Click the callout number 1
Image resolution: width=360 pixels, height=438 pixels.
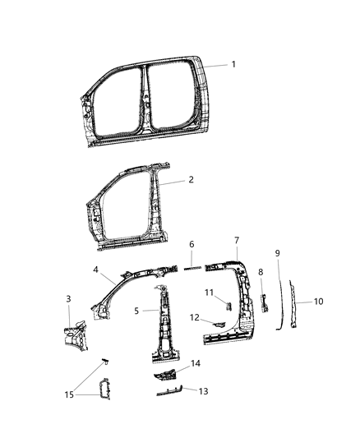233,64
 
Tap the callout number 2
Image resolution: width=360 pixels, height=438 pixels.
191,179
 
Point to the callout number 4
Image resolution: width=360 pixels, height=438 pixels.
96,269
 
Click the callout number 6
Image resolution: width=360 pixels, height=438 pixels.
192,244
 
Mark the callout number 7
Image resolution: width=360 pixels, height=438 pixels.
237,240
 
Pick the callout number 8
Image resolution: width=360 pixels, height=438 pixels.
261,272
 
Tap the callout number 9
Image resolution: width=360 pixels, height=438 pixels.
278,252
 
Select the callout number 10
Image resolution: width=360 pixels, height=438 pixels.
319,302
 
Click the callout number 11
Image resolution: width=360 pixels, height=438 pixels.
209,293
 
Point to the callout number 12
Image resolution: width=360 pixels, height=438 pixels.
196,317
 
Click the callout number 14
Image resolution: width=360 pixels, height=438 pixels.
195,363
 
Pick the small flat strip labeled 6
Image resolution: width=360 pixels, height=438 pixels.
192,267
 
